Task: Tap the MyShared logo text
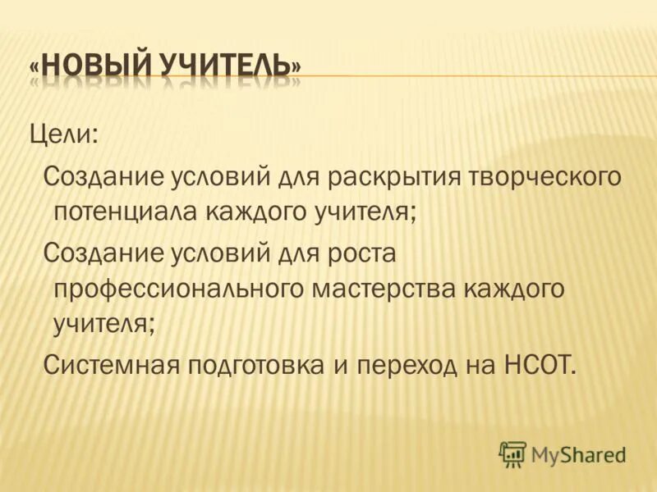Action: (x=578, y=453)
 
